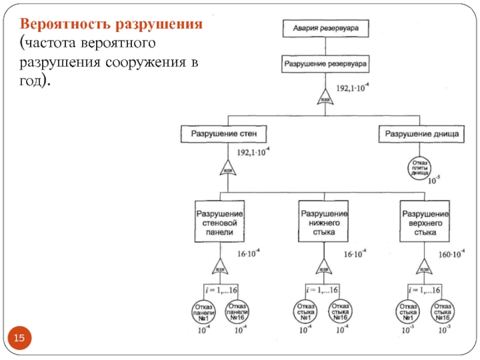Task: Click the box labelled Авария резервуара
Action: click(x=325, y=27)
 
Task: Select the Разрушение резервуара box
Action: click(x=326, y=62)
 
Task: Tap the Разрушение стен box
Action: click(x=223, y=133)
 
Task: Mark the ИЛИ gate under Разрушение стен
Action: click(x=227, y=169)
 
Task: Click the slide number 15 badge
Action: click(x=20, y=340)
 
